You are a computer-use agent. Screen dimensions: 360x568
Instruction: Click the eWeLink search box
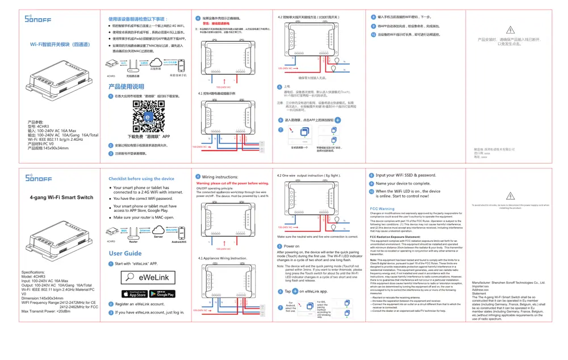pyautogui.click(x=148, y=277)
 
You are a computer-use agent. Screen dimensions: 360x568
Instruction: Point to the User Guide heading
pyautogui.click(x=125, y=253)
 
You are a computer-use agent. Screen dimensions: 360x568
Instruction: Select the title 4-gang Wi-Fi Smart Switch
pyautogui.click(x=61, y=198)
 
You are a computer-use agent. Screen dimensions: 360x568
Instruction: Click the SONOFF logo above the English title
pyautogui.click(x=39, y=177)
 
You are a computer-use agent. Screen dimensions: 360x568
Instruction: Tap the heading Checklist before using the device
pyautogui.click(x=141, y=179)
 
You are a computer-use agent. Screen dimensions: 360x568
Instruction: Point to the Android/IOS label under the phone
pyautogui.click(x=179, y=241)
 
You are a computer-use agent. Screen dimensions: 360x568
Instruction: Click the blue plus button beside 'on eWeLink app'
pyautogui.click(x=295, y=291)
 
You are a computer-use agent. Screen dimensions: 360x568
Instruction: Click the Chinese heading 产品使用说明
pyautogui.click(x=126, y=87)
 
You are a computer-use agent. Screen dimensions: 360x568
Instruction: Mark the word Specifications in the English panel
pyautogui.click(x=33, y=273)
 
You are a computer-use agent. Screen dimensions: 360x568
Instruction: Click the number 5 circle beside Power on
pyautogui.click(x=279, y=246)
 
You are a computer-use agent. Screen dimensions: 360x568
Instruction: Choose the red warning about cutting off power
pyautogui.click(x=232, y=183)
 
